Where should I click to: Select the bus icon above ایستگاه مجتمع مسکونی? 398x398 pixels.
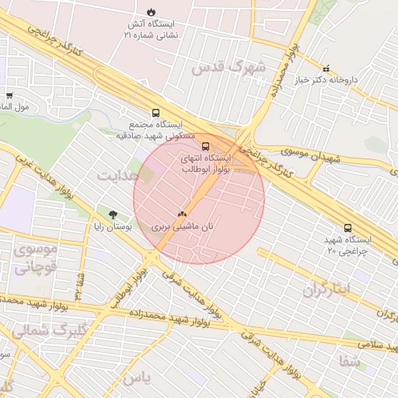coord(155,112)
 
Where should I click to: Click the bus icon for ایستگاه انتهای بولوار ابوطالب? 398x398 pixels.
coord(205,145)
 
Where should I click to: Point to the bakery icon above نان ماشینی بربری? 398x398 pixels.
coord(183,212)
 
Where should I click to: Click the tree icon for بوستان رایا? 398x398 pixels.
coord(113,213)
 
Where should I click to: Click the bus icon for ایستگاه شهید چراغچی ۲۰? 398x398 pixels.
coord(347,229)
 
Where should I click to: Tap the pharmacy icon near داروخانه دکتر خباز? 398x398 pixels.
coord(326,68)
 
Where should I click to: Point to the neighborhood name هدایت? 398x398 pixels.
coord(117,175)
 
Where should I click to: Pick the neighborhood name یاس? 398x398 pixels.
coord(134,378)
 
